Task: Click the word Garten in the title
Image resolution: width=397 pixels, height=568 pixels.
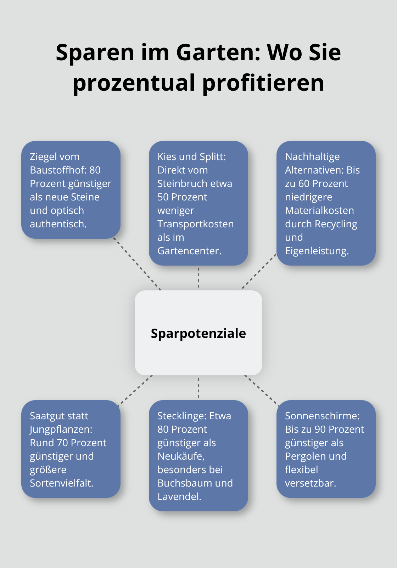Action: tap(218, 52)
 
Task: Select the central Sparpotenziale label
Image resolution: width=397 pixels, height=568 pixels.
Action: tap(198, 333)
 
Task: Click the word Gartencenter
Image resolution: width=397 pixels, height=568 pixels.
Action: tap(189, 251)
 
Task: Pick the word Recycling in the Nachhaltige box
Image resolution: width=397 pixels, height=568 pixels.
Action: tap(336, 224)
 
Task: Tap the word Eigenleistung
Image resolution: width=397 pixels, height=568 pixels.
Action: tap(317, 251)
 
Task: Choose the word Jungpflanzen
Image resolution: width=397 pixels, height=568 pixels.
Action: tap(61, 429)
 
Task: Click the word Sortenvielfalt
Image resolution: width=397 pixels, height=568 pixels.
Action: tap(61, 483)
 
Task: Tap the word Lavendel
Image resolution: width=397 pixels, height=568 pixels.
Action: tap(179, 496)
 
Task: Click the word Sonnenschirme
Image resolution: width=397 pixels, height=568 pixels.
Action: tap(322, 416)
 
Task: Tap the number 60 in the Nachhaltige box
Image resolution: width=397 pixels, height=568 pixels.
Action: tap(304, 183)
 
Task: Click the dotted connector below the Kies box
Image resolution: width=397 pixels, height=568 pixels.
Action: tap(198, 278)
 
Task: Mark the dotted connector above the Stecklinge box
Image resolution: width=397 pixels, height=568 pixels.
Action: tap(198, 388)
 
